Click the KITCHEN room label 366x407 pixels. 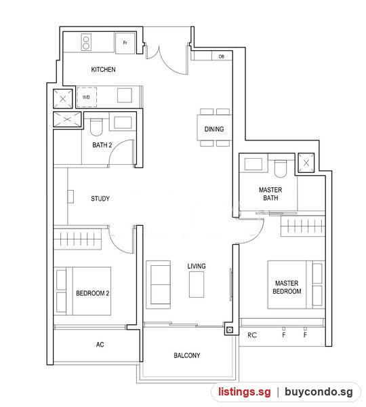point(103,69)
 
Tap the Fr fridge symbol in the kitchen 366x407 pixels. point(125,43)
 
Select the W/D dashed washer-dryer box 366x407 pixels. point(87,97)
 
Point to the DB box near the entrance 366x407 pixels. point(222,56)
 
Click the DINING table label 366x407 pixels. point(214,129)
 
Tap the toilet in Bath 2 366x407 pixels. point(96,128)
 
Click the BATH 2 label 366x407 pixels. point(102,145)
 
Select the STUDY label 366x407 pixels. point(100,199)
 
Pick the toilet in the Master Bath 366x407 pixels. point(281,169)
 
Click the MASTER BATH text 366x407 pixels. point(270,193)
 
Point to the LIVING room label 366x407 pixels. point(197,266)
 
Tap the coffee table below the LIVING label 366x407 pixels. point(197,284)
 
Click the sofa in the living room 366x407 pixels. point(158,284)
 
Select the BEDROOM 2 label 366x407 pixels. point(92,293)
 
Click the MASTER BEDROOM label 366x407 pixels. point(287,287)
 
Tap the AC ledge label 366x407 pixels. point(100,345)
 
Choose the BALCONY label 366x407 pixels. point(187,355)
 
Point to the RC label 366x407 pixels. point(252,335)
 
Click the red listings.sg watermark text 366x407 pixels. point(244,391)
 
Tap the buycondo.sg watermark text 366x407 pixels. point(319,391)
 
